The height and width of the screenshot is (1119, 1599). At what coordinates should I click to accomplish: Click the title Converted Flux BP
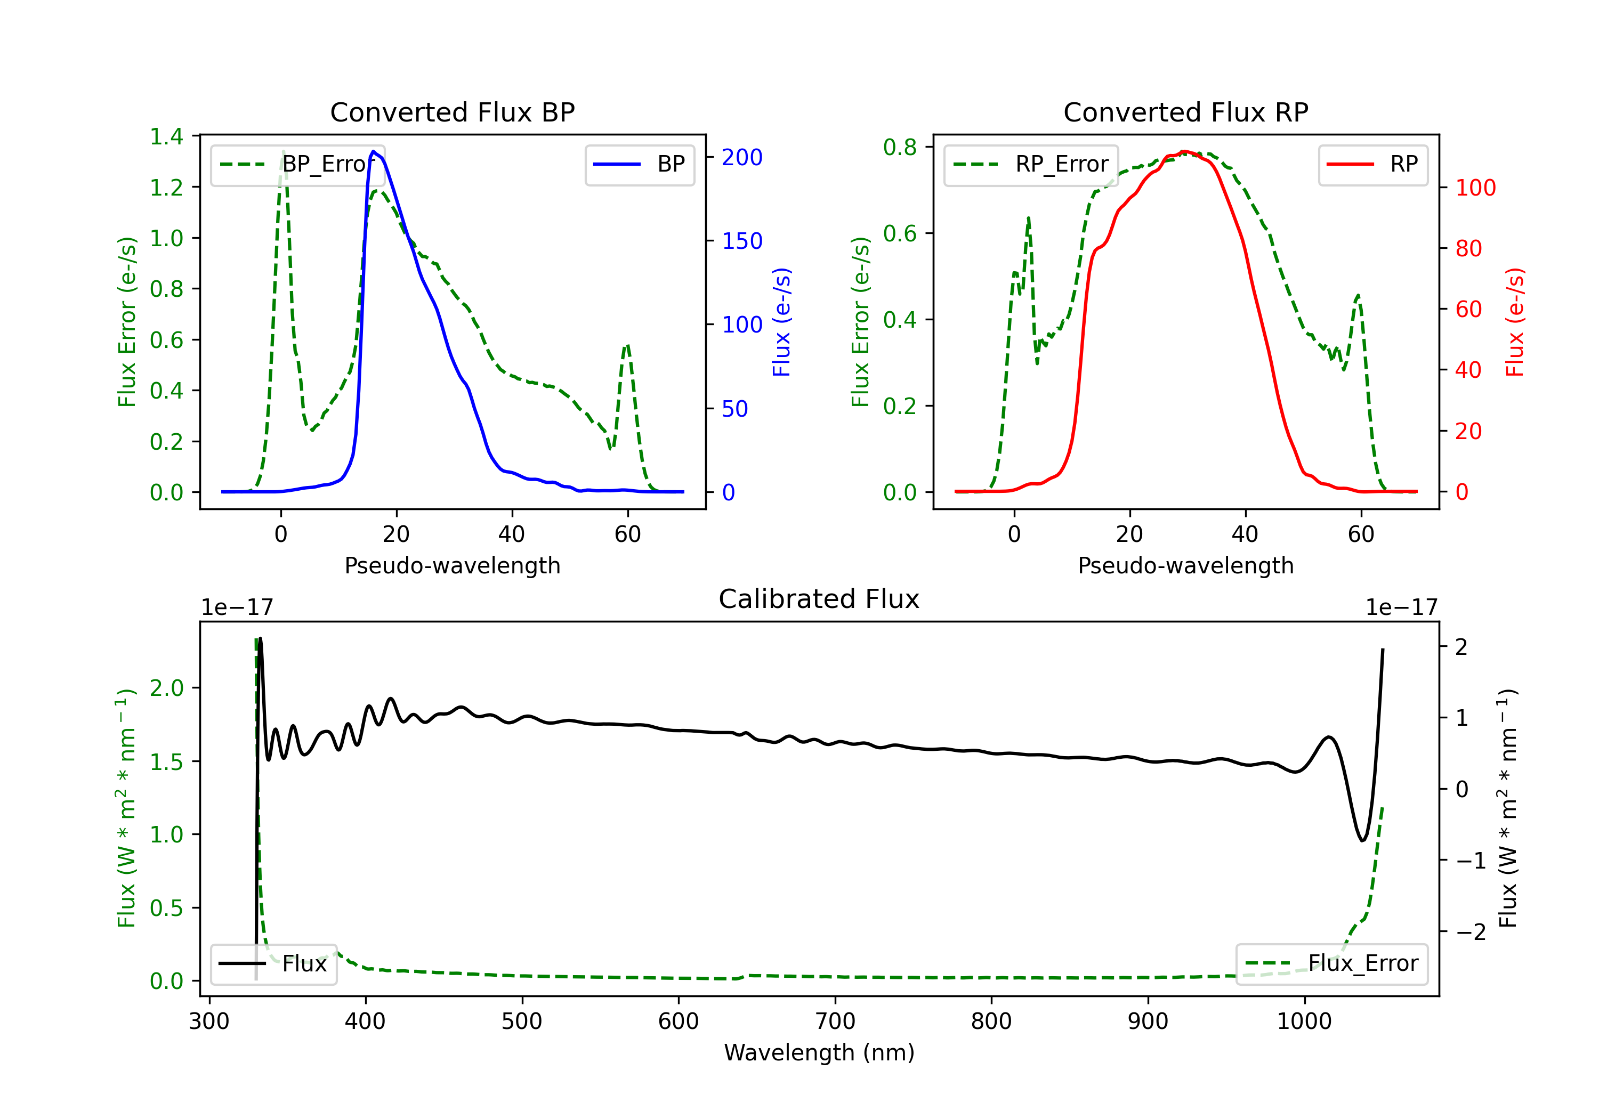(452, 112)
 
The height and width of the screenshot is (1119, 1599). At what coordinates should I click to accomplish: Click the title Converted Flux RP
(1185, 112)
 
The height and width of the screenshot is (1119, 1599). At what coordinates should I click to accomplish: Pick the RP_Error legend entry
(1031, 164)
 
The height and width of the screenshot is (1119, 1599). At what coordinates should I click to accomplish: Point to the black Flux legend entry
(274, 964)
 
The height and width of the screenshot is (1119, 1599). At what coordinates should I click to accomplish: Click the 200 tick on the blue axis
(742, 157)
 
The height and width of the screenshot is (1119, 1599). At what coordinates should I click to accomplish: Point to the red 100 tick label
(1475, 188)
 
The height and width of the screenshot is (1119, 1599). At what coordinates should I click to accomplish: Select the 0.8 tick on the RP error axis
(899, 147)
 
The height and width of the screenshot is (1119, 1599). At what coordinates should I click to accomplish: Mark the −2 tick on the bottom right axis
(1470, 931)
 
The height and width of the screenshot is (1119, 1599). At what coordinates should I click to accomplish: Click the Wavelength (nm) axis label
(819, 1052)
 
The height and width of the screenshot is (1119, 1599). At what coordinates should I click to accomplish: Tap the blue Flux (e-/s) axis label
(781, 322)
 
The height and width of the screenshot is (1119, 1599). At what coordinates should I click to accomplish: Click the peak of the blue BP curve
(373, 151)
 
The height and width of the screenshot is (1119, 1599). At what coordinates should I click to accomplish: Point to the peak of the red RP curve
(1185, 152)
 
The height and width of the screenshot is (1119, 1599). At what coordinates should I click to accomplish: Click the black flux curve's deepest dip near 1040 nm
(1362, 840)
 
